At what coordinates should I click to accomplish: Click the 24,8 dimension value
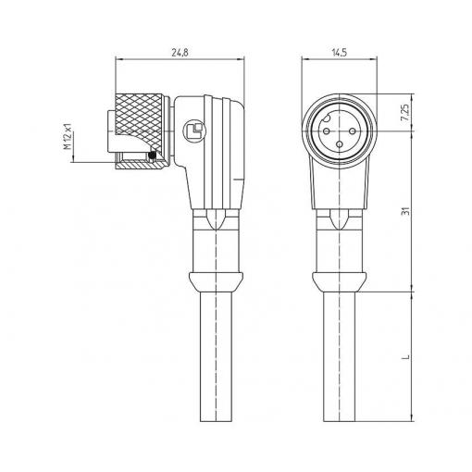tap(180, 53)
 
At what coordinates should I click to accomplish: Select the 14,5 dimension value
tap(340, 53)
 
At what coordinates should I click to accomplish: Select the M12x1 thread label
tap(68, 137)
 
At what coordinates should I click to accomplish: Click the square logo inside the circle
tap(194, 130)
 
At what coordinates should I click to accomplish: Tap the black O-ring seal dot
tap(152, 155)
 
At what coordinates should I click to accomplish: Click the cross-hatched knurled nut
tap(139, 120)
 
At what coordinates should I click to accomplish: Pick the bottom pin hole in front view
tap(340, 144)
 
